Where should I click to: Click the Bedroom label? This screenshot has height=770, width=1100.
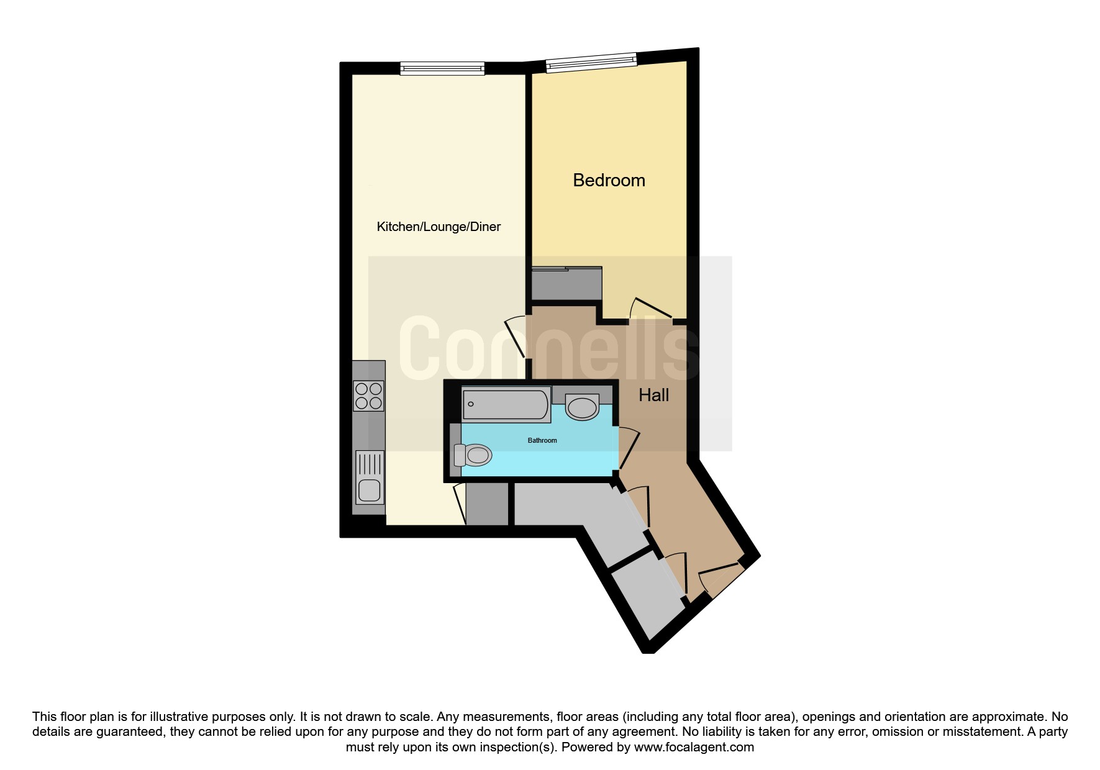point(609,181)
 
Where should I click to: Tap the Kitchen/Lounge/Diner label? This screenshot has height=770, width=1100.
point(439,227)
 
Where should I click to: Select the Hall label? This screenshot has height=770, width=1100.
point(654,395)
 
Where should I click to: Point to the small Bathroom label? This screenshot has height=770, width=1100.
point(542,440)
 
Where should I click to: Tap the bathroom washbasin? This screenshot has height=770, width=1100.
point(582,408)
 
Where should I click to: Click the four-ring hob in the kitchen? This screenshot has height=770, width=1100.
point(368,396)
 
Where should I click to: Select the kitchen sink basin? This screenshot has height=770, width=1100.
point(369,491)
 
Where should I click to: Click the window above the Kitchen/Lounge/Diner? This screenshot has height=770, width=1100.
point(442,68)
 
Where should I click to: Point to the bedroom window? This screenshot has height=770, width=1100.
point(591,61)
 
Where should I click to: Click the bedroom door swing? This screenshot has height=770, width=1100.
point(650,309)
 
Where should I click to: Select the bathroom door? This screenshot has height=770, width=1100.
point(629,448)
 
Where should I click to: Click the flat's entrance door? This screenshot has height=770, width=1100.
point(721,580)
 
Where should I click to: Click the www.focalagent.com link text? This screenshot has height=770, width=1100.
point(694,747)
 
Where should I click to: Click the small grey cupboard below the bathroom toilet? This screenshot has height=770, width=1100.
point(487,504)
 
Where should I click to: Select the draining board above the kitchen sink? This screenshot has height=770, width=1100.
point(369,464)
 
